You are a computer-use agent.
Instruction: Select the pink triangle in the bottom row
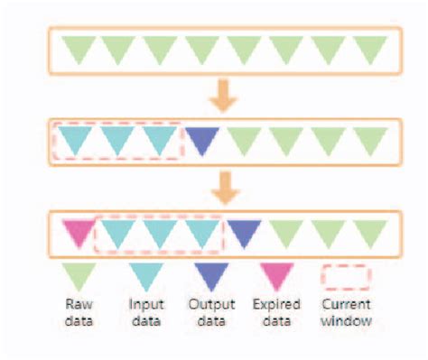79,232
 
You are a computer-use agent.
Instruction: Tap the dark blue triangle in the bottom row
244,232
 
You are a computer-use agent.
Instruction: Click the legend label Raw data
79,312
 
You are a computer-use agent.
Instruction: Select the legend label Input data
145,312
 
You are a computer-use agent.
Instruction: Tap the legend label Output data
212,312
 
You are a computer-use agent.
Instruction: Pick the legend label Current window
346,312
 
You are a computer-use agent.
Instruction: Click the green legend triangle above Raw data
79,273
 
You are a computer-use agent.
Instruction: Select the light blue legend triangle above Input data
145,273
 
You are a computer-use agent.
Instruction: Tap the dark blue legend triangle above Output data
212,273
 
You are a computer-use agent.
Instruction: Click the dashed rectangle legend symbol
346,274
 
